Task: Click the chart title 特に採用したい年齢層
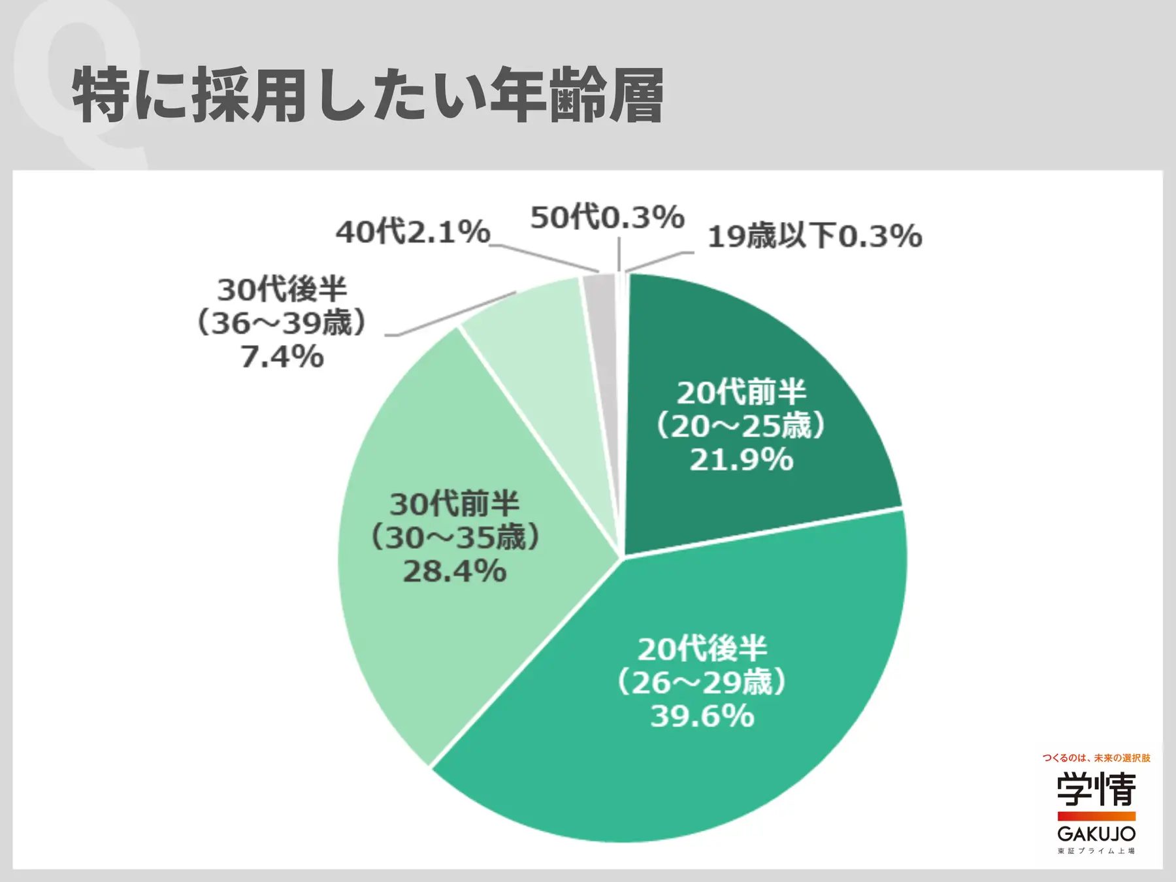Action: click(x=368, y=95)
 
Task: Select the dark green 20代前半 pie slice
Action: click(x=751, y=366)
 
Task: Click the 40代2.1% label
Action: click(x=413, y=232)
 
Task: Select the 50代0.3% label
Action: click(x=607, y=218)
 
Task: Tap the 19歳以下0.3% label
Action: click(x=815, y=236)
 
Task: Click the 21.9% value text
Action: click(x=742, y=460)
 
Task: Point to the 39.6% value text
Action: click(x=702, y=716)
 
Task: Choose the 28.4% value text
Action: click(x=455, y=572)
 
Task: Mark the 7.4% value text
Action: click(x=282, y=357)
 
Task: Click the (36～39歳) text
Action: click(x=282, y=323)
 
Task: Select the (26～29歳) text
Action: click(x=702, y=683)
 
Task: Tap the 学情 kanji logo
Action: click(x=1096, y=789)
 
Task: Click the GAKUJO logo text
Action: click(x=1096, y=834)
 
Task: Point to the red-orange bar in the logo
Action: click(x=1096, y=816)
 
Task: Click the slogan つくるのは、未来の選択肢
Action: click(x=1096, y=758)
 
